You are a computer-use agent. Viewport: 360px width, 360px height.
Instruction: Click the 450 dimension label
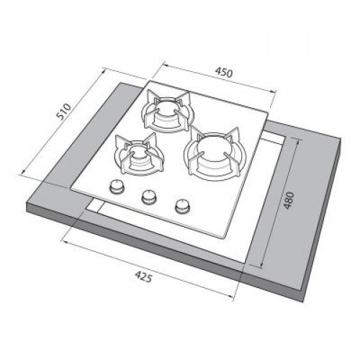pyautogui.click(x=224, y=73)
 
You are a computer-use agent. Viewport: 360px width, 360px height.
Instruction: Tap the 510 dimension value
pyautogui.click(x=64, y=112)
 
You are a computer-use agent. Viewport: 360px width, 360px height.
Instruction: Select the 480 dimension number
pyautogui.click(x=288, y=200)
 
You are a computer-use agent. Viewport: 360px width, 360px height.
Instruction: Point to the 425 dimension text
pyautogui.click(x=143, y=276)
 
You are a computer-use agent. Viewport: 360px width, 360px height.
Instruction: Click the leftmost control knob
pyautogui.click(x=117, y=186)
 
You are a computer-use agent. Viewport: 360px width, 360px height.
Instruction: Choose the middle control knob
pyautogui.click(x=149, y=197)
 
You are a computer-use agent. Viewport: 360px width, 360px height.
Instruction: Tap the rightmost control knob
pyautogui.click(x=183, y=206)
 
